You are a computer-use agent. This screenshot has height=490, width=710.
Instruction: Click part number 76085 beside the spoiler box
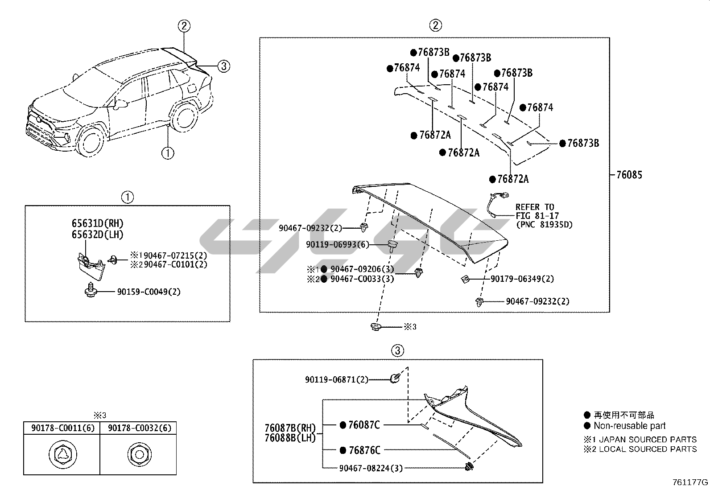[x=629, y=175]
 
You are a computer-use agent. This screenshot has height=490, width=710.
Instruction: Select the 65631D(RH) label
[x=97, y=223]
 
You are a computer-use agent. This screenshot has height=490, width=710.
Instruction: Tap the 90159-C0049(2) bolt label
[x=149, y=292]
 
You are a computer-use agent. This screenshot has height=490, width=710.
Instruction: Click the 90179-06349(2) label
[x=522, y=279]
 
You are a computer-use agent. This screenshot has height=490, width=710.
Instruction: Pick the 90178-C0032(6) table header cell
[x=138, y=428]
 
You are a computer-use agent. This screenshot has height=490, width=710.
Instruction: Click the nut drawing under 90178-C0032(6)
[x=138, y=455]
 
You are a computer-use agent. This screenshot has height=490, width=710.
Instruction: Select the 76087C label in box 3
[x=363, y=425]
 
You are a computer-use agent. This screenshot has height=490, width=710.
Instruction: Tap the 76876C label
[x=364, y=450]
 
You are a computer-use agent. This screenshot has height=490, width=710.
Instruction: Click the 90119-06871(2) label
[x=337, y=379]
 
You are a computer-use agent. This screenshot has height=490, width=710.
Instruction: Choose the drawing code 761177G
[x=690, y=482]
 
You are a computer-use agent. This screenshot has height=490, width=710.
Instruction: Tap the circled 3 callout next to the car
[x=223, y=66]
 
